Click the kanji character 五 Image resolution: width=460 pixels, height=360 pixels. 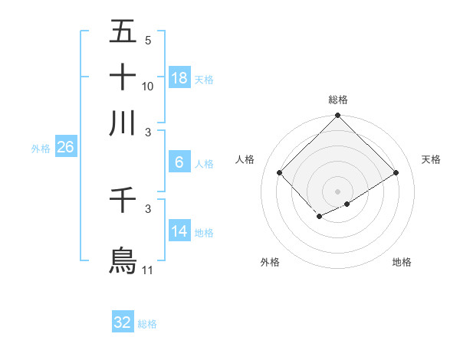(x=123, y=33)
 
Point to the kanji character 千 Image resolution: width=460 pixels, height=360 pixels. (x=123, y=205)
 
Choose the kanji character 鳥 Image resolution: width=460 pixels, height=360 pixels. (x=123, y=260)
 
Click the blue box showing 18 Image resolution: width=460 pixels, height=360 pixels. (x=179, y=78)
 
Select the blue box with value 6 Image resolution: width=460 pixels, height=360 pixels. (x=179, y=162)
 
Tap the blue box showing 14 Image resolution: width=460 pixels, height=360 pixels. (x=179, y=231)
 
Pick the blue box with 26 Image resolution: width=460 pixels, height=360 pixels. (x=65, y=148)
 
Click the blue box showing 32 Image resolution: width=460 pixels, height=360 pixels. (x=123, y=322)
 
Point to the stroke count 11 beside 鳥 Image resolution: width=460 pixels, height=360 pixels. (x=148, y=270)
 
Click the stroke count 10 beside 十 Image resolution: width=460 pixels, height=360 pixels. (x=148, y=86)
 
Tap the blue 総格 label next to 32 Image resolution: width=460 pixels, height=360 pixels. (x=147, y=324)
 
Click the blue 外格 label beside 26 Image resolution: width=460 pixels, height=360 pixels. (x=41, y=149)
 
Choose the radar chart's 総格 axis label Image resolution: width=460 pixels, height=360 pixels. (x=337, y=100)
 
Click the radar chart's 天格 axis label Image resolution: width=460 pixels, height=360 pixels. (x=432, y=159)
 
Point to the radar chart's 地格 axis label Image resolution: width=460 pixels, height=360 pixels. (x=402, y=263)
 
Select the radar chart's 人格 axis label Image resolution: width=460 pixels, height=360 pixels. (x=245, y=159)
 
